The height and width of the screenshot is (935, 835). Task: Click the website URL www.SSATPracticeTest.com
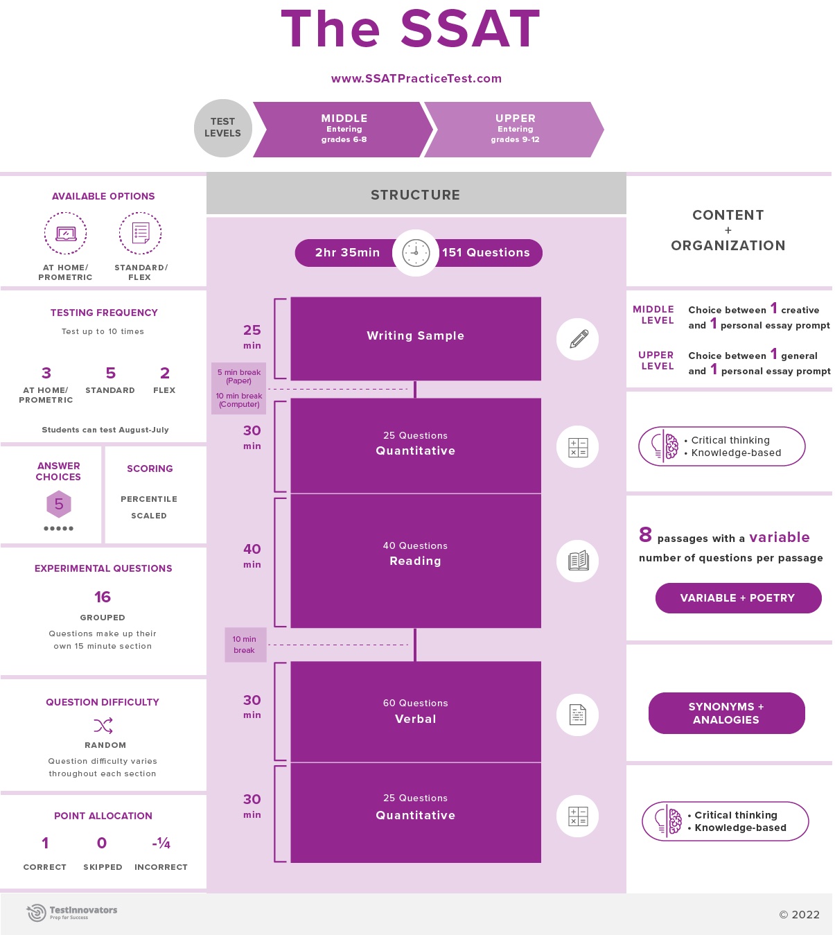pyautogui.click(x=416, y=78)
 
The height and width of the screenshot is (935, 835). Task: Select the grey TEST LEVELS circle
pyautogui.click(x=222, y=128)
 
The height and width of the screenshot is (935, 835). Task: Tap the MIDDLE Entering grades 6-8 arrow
pyautogui.click(x=344, y=129)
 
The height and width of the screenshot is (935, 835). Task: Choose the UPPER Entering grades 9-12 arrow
pyautogui.click(x=515, y=129)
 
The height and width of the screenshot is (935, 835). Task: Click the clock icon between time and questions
pyautogui.click(x=416, y=253)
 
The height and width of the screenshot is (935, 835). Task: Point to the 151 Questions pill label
pyautogui.click(x=486, y=253)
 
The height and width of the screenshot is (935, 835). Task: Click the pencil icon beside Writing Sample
pyautogui.click(x=578, y=339)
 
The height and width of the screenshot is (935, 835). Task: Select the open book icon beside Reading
pyautogui.click(x=578, y=561)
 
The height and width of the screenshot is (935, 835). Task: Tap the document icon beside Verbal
pyautogui.click(x=578, y=715)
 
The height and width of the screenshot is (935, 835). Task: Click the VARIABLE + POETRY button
pyautogui.click(x=738, y=598)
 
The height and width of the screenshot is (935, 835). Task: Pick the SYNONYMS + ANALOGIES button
pyautogui.click(x=726, y=713)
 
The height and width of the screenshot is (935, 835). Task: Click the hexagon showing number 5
pyautogui.click(x=59, y=504)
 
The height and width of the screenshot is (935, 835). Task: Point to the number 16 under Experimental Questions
pyautogui.click(x=103, y=597)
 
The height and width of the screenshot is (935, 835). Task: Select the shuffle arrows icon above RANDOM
pyautogui.click(x=103, y=726)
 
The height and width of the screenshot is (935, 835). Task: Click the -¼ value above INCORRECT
pyautogui.click(x=161, y=843)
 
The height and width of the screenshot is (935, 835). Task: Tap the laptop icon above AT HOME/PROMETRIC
pyautogui.click(x=66, y=234)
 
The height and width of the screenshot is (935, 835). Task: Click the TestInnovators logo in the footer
pyautogui.click(x=72, y=913)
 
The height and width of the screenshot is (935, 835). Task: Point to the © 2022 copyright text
pyautogui.click(x=799, y=915)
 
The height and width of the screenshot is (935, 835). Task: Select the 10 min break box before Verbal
pyautogui.click(x=245, y=645)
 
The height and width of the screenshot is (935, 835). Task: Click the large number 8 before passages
pyautogui.click(x=645, y=534)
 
